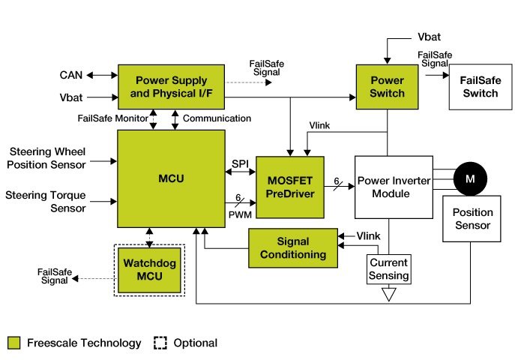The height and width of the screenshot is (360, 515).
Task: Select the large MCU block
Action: (172, 178)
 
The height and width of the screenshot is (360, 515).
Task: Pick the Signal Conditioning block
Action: (292, 248)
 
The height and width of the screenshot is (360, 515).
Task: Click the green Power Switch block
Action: (387, 87)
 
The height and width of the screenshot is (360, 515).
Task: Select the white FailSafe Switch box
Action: (479, 87)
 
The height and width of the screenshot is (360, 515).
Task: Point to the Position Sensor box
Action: (472, 219)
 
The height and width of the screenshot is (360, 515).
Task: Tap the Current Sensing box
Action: (389, 269)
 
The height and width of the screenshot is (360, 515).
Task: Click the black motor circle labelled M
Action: (471, 178)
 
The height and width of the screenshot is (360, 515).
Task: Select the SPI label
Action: (240, 163)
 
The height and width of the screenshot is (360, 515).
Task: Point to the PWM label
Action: (241, 214)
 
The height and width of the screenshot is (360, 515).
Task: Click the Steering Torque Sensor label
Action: (46, 202)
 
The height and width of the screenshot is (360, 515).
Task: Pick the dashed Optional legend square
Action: (160, 343)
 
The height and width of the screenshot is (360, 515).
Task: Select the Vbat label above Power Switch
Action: (430, 37)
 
